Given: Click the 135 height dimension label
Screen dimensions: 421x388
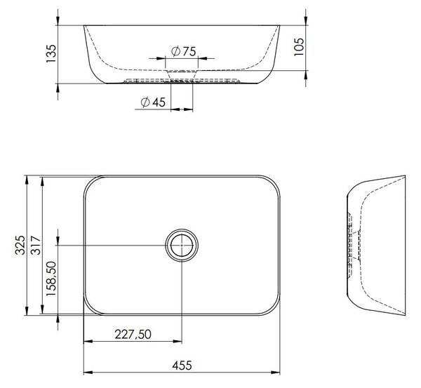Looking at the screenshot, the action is point(51,54).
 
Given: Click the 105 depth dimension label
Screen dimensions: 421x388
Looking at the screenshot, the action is point(299,47).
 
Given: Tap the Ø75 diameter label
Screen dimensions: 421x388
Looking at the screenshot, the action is point(184,51).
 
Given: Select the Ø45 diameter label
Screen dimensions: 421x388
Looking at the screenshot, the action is point(153,102).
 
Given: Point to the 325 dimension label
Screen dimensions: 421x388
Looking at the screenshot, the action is point(20,245).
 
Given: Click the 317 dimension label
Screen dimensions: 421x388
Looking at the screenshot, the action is point(36,245).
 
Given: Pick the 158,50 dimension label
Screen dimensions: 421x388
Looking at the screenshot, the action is point(51,279).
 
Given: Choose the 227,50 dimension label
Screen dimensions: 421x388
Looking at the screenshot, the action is point(133,334).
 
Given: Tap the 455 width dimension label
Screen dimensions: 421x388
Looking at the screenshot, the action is point(182,366).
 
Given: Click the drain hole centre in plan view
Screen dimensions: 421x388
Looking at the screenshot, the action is point(182,245).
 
